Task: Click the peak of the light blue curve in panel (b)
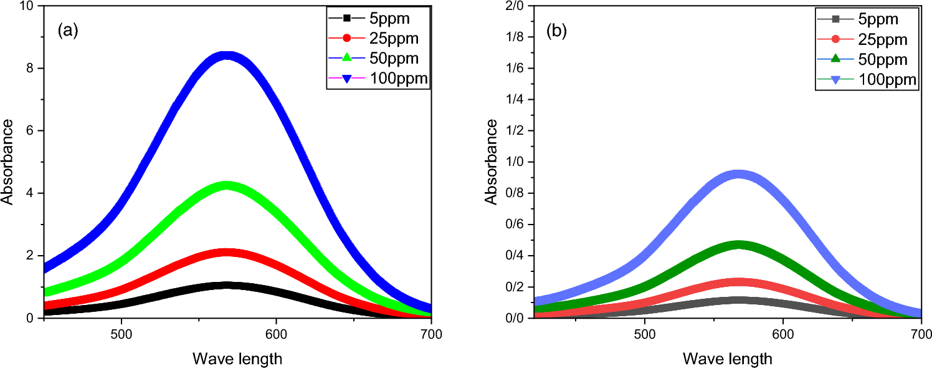739,175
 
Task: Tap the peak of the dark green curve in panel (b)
739,245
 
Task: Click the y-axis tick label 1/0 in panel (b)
514,162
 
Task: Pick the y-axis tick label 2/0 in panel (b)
514,6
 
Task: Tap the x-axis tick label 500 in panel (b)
644,334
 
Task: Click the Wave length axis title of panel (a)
237,359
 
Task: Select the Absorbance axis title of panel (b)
492,162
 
